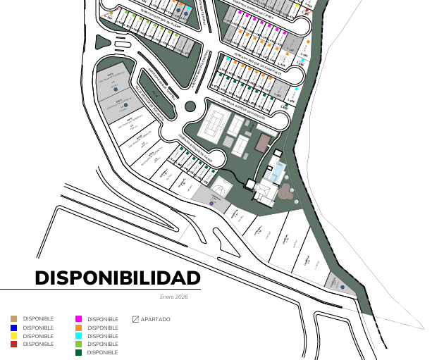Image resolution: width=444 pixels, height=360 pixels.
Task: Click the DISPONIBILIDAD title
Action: click(x=118, y=278)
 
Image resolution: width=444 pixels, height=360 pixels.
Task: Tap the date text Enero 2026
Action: click(x=174, y=297)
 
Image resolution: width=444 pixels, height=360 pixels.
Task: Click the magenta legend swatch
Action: click(x=79, y=319)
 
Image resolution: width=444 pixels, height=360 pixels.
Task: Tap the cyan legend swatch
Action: click(x=79, y=336)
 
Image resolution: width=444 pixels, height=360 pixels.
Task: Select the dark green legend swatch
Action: click(x=79, y=352)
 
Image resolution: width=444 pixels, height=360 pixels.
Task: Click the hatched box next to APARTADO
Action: click(x=136, y=319)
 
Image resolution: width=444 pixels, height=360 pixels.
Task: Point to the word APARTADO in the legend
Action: click(x=155, y=319)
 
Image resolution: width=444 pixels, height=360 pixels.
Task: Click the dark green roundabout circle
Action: click(x=190, y=106)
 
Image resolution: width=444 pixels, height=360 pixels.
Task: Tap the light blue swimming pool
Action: click(x=280, y=170)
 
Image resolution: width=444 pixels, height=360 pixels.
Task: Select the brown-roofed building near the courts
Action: click(x=263, y=143)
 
